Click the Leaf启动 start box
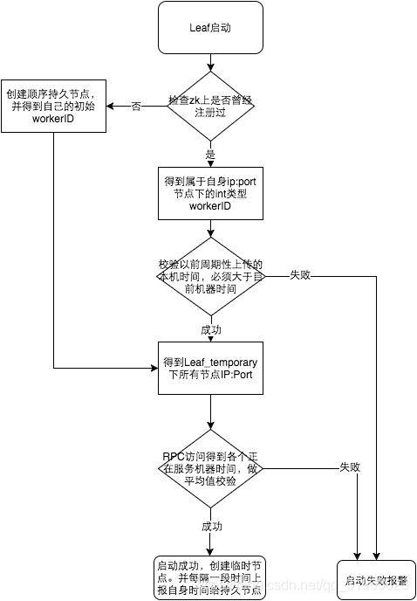click(210, 27)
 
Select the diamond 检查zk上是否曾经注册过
click(210, 106)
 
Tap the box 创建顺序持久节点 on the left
click(53, 106)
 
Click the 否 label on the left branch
click(136, 106)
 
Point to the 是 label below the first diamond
click(210, 153)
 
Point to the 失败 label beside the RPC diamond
click(349, 467)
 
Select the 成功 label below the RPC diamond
click(211, 527)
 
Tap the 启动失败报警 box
click(369, 579)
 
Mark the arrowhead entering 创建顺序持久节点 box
click(112, 106)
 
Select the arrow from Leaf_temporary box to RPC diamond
click(210, 411)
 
